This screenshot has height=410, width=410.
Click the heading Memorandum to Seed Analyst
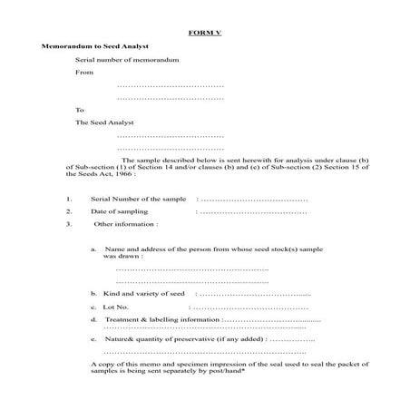tap(95, 45)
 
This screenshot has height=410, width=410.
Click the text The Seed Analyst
tap(104, 122)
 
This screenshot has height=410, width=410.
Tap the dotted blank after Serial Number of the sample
tap(253, 198)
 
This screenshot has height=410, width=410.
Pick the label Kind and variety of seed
tap(144, 294)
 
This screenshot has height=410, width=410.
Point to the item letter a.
tap(93, 249)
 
